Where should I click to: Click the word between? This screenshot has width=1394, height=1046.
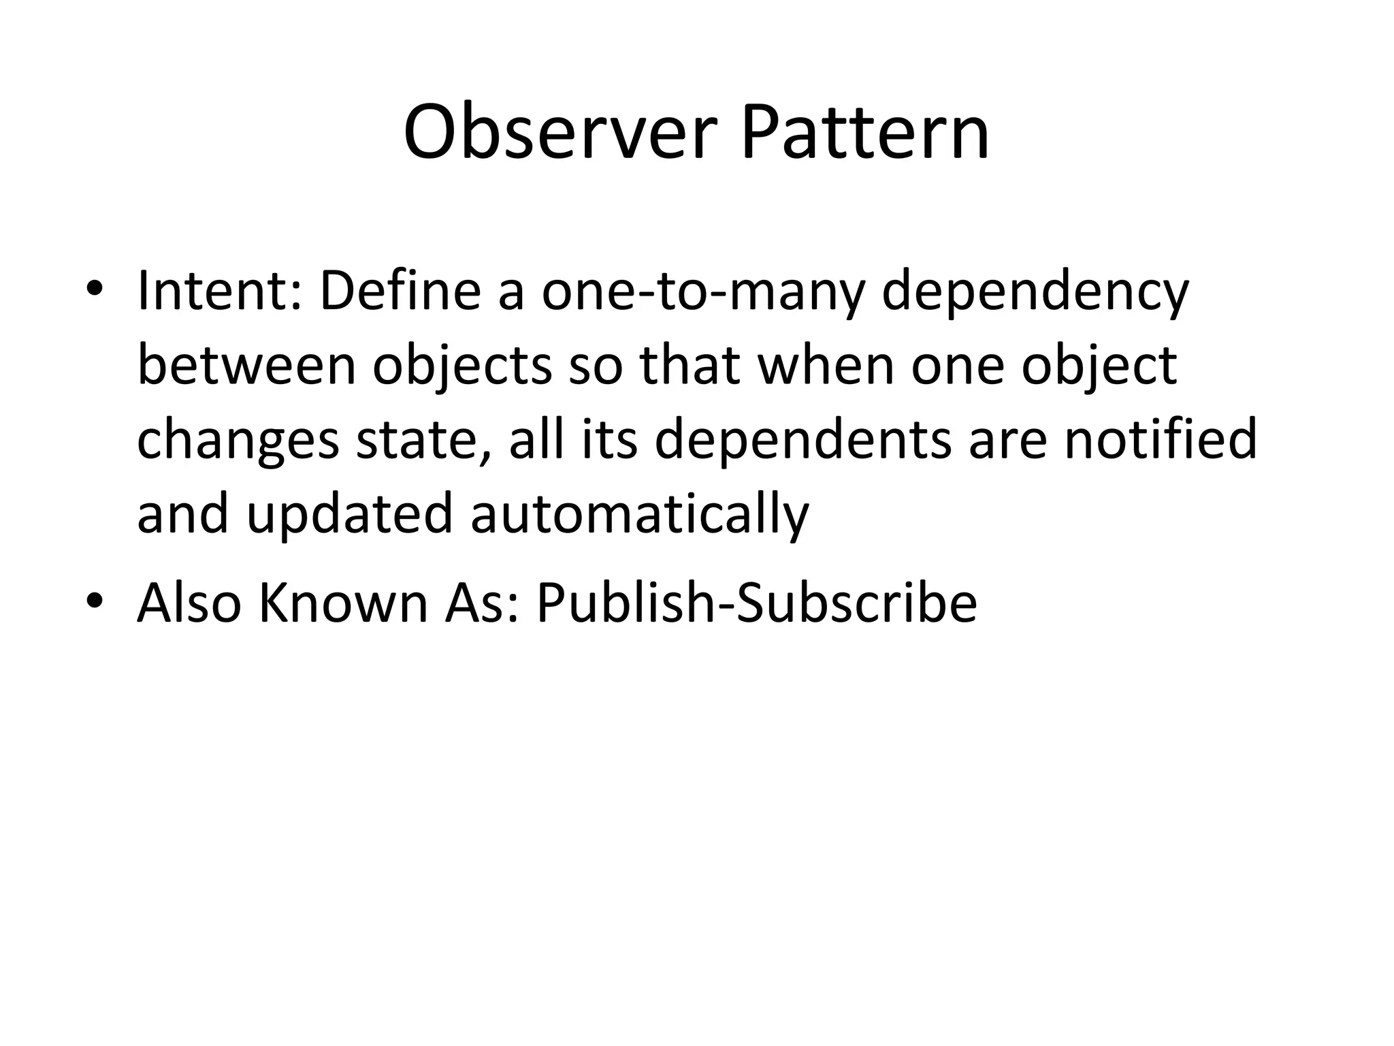coord(246,366)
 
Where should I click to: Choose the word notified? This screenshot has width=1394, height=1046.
coord(1160,439)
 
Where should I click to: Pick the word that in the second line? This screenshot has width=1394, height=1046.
coord(689,366)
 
